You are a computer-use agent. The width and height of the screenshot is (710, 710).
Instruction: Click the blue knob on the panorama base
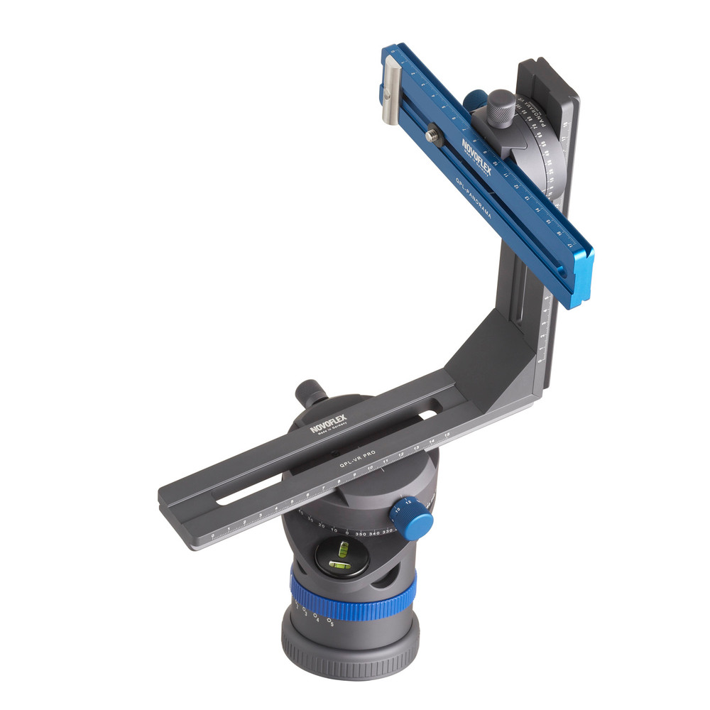click(x=411, y=520)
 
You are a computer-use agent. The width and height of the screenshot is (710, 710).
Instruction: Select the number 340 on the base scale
click(x=376, y=532)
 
